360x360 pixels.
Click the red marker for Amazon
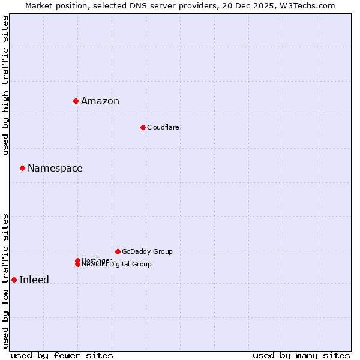(x=76, y=101)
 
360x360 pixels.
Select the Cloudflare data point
(x=143, y=127)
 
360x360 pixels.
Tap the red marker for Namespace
(x=22, y=168)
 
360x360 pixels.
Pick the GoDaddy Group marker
(x=118, y=251)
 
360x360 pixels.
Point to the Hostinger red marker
(x=77, y=260)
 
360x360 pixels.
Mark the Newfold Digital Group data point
(x=77, y=265)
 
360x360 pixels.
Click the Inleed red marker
(x=14, y=280)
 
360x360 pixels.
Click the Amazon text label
(x=100, y=101)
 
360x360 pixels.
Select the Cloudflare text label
(x=163, y=127)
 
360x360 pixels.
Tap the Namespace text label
(x=55, y=168)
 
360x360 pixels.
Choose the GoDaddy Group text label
(x=147, y=251)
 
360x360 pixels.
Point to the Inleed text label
(x=34, y=280)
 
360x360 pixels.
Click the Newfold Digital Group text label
(x=118, y=265)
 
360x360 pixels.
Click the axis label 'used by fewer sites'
(x=62, y=355)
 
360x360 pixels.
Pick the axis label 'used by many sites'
(x=301, y=355)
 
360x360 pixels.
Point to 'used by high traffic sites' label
(x=5, y=85)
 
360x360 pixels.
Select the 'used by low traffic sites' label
(x=5, y=280)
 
